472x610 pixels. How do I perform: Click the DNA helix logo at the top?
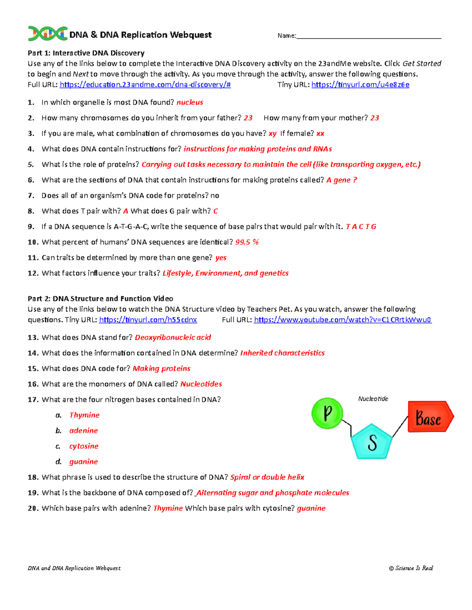tap(47, 34)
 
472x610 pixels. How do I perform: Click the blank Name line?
tap(369, 36)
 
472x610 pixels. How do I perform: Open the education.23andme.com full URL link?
tap(145, 84)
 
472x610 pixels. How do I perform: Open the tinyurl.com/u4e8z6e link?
tap(360, 84)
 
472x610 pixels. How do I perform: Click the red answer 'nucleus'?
tap(190, 103)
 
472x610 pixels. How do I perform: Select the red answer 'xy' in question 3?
tap(272, 134)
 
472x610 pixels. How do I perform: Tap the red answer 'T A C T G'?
tap(361, 227)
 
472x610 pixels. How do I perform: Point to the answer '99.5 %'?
tap(247, 242)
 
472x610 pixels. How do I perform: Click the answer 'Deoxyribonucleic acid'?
tap(173, 337)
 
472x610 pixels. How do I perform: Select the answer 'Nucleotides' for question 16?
tap(201, 384)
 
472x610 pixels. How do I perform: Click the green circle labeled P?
tap(327, 413)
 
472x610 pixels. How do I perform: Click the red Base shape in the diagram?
tap(430, 417)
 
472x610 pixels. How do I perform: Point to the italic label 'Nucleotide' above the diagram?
tap(373, 399)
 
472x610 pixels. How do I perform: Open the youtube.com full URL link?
tap(343, 320)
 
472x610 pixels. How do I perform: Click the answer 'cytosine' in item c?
tap(84, 446)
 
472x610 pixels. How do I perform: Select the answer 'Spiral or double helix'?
tap(267, 477)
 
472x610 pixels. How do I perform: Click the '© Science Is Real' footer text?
tap(411, 568)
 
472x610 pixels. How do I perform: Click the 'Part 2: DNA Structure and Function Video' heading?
tap(100, 299)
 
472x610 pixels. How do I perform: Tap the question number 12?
tap(32, 273)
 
